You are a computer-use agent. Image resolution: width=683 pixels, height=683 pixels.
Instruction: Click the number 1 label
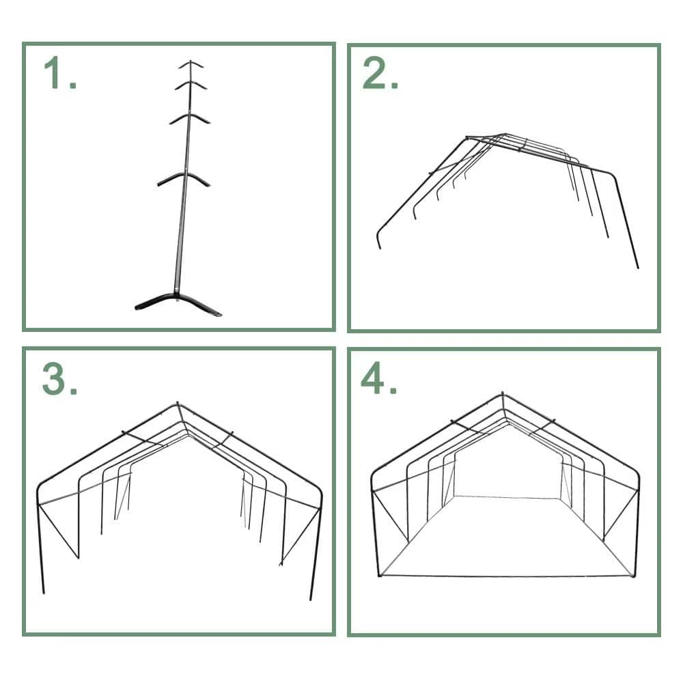pyautogui.click(x=60, y=73)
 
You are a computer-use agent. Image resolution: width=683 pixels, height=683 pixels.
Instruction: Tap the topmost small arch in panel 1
pyautogui.click(x=191, y=64)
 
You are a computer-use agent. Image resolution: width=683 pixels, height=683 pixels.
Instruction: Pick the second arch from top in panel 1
pyautogui.click(x=191, y=83)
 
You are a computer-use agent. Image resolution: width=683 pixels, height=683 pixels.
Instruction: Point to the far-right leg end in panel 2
pyautogui.click(x=638, y=268)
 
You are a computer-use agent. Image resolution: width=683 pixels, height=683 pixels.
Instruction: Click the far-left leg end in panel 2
pyautogui.click(x=380, y=248)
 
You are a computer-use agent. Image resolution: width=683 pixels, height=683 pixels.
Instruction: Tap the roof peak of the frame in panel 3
pyautogui.click(x=178, y=404)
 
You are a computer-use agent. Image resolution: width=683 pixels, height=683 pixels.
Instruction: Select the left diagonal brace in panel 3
pyautogui.click(x=58, y=531)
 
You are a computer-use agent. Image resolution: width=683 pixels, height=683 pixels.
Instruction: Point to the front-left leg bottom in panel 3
pyautogui.click(x=44, y=592)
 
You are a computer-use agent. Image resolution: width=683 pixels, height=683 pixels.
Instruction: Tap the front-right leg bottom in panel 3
pyautogui.click(x=311, y=600)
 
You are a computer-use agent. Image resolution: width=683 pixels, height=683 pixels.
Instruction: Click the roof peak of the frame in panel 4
pyautogui.click(x=502, y=394)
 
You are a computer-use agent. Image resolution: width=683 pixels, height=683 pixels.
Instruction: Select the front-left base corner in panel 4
pyautogui.click(x=380, y=576)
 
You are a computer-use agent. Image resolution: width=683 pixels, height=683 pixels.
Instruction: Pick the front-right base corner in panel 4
pyautogui.click(x=633, y=576)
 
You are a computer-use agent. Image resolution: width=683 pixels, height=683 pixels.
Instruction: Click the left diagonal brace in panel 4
pyautogui.click(x=391, y=516)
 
